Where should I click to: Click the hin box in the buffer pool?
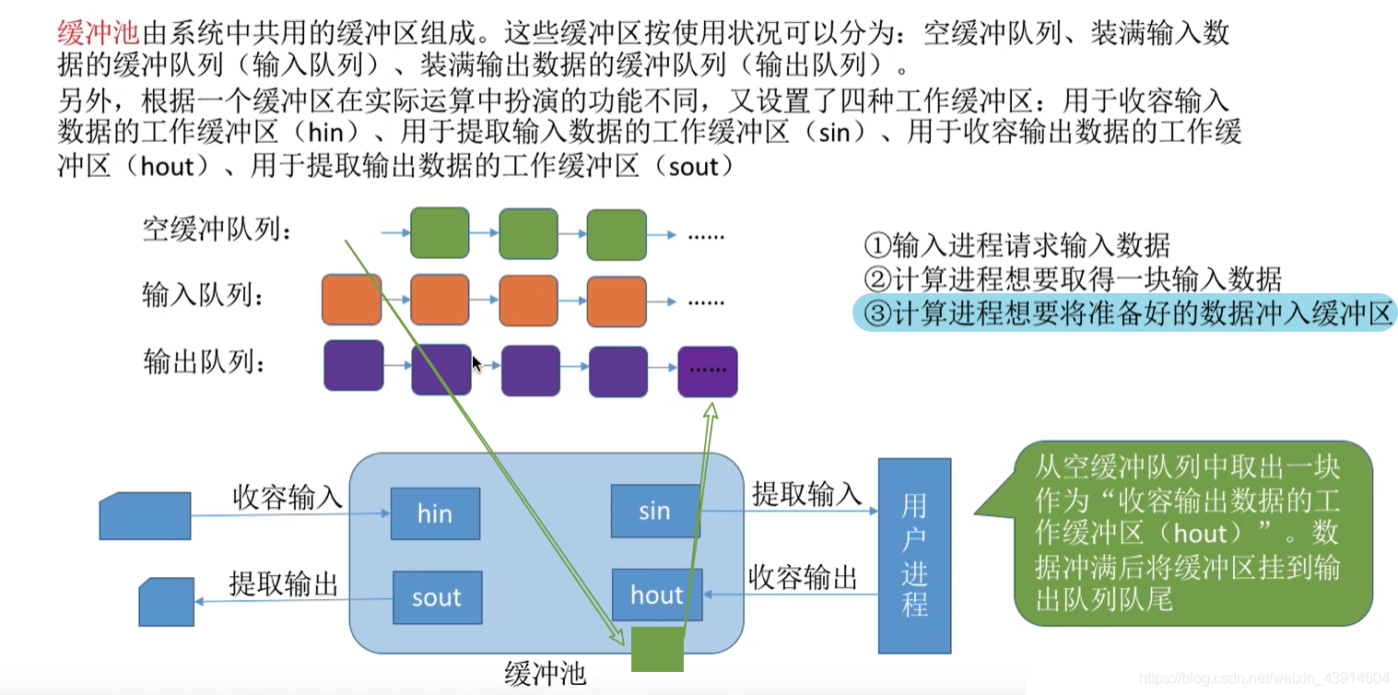coord(435,513)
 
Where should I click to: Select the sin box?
coord(654,510)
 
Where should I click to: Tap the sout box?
coord(437,597)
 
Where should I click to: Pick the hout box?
coord(657,595)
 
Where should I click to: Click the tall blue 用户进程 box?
coord(914,556)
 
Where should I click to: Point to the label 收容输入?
coord(288,498)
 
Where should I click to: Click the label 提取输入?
coord(806,494)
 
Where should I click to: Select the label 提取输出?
coord(283,583)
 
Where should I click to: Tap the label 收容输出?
coord(803,578)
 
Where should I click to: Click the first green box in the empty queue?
coord(440,233)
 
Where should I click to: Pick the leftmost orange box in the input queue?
coord(351,300)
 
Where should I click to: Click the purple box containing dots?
coord(708,371)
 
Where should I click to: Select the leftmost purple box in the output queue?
coord(353,366)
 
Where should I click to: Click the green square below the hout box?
coord(657,650)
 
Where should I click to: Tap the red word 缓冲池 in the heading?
coord(98,32)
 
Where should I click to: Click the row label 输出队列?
coord(204,362)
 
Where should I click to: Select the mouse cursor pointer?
coord(476,364)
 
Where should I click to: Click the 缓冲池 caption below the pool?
coord(546,674)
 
